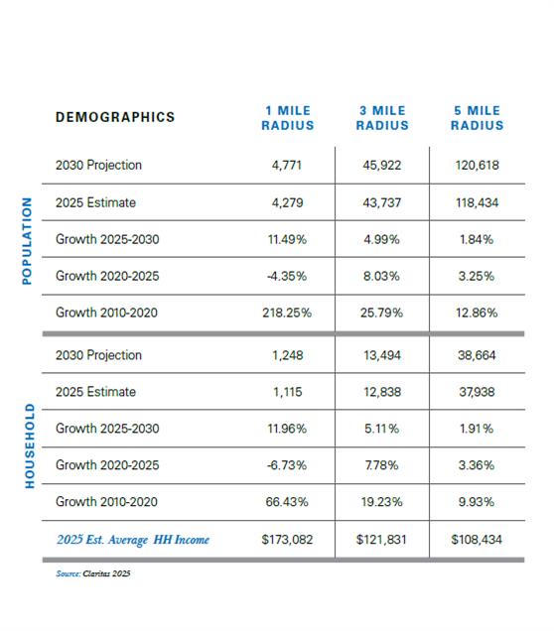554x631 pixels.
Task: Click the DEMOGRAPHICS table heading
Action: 115,117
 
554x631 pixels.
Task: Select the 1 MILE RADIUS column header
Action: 288,118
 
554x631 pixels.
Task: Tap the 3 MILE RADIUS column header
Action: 382,118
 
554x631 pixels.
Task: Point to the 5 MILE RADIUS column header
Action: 478,118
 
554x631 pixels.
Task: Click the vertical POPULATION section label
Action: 27,241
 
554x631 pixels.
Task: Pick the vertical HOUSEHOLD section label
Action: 30,445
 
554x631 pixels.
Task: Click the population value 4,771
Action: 287,166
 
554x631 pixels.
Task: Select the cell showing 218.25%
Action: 287,313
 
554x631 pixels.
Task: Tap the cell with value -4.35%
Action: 287,276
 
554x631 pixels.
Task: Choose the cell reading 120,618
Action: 478,166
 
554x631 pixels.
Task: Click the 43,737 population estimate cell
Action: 382,202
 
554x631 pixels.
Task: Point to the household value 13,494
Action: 382,355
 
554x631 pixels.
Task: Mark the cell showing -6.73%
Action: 287,465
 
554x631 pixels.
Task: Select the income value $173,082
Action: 287,540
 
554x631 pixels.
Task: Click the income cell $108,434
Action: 477,540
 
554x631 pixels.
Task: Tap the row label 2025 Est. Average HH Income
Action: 133,540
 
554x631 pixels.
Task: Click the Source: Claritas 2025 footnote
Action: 93,573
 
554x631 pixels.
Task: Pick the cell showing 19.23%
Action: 381,502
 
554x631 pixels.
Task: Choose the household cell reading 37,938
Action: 477,392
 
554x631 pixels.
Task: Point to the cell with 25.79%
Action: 381,313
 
